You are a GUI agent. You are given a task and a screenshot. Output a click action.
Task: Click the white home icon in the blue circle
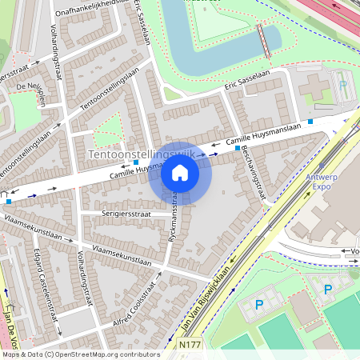[180, 173]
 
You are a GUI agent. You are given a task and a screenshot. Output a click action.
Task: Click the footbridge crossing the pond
[262, 40]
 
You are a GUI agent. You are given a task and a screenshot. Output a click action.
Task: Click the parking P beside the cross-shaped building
[343, 84]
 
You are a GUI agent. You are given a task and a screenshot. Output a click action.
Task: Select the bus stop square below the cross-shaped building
[310, 122]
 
